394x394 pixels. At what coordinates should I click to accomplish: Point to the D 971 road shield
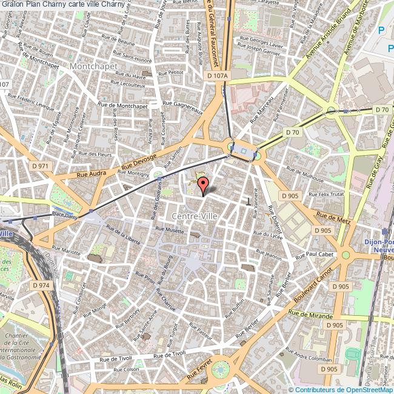[41, 165]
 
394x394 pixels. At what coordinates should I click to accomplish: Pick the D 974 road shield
[41, 285]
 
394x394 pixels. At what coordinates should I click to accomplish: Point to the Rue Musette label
[169, 230]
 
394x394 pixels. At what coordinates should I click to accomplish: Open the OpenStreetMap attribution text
[341, 390]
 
